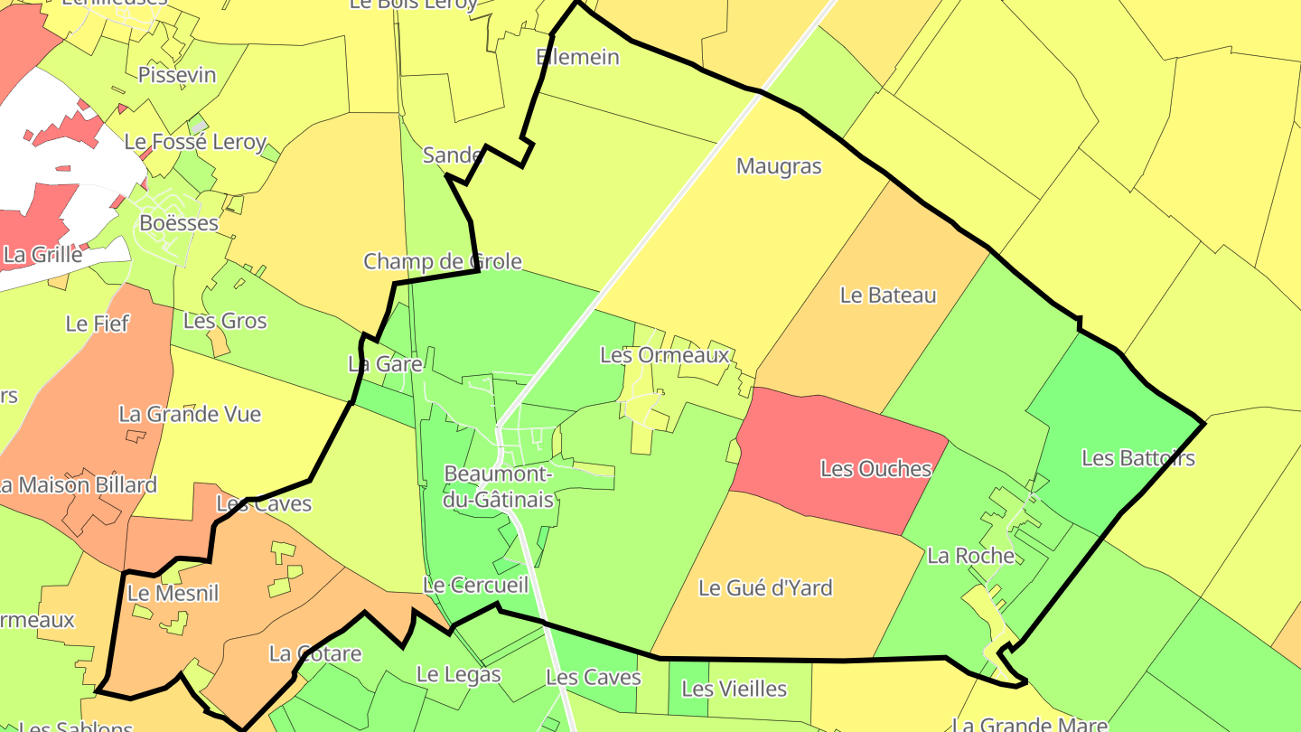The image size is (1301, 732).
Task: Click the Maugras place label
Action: pos(779,166)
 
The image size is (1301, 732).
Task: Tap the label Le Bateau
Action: pos(888,296)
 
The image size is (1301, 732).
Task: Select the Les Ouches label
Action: pos(875,469)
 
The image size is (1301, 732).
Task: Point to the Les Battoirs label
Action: pos(1137,458)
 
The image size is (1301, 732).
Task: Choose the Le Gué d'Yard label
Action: pos(765,588)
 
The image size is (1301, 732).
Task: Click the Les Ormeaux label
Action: pos(664,355)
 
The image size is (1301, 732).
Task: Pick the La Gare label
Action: pos(386,364)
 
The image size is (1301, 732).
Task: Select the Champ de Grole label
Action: pos(443,262)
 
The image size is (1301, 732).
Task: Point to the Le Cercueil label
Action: pos(475,586)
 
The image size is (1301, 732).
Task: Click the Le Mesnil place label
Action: pos(173,594)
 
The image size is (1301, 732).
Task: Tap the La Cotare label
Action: pos(315,653)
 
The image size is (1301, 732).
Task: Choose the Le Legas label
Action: pos(458,674)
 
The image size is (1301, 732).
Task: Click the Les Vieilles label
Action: pos(734,690)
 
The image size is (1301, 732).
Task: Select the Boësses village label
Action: pos(179,222)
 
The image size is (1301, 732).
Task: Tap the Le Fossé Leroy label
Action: pos(195,142)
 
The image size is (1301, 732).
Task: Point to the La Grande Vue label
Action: pos(190,415)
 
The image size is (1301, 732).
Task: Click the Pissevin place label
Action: pos(177,75)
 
